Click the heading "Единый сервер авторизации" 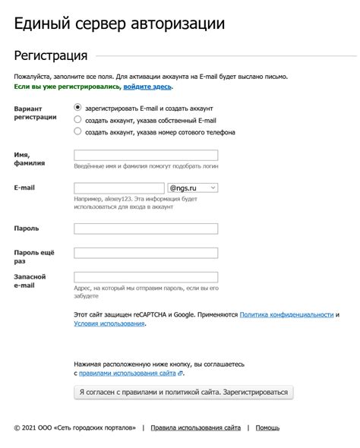coord(119,24)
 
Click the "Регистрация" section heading coord(51,55)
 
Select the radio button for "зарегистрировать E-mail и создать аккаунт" coord(77,108)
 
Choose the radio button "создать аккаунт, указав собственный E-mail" coord(77,119)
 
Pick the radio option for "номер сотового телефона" coord(77,131)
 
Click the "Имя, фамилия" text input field coord(146,156)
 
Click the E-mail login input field coord(119,188)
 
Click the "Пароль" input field coord(146,229)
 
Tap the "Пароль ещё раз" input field coord(146,252)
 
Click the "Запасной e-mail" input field coord(146,277)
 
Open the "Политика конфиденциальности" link coord(286,314)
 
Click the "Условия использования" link coord(109,323)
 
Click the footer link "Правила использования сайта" coord(196,428)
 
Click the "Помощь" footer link coord(267,428)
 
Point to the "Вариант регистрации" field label coord(35,113)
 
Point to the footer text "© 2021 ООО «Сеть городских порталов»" coord(74,428)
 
